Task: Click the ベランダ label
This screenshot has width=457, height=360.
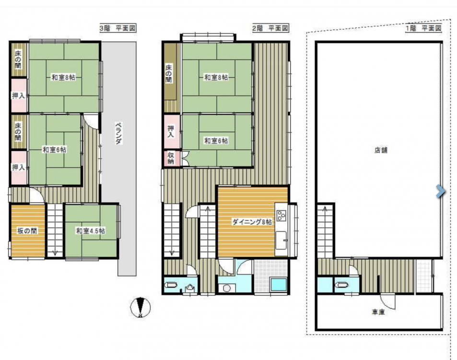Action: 118,133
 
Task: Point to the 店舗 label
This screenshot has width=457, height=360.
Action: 381,150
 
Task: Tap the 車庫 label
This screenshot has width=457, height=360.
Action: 378,312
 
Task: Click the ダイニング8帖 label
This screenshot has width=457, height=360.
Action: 252,222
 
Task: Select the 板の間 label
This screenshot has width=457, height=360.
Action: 27,231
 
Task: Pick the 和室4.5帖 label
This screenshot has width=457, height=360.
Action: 91,231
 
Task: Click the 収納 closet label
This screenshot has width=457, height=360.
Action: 171,158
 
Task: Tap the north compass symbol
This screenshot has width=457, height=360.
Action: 141,308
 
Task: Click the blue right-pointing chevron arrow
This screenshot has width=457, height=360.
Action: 441,192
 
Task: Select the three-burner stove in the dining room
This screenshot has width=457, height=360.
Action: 281,216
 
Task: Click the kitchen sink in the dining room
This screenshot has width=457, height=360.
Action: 281,240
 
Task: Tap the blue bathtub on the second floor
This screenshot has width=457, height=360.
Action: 278,285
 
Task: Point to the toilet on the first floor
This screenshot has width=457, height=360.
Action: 340,285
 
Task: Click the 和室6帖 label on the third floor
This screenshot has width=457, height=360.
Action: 54,150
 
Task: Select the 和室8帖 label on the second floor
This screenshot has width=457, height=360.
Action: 216,77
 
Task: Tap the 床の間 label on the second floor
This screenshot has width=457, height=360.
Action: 169,73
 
